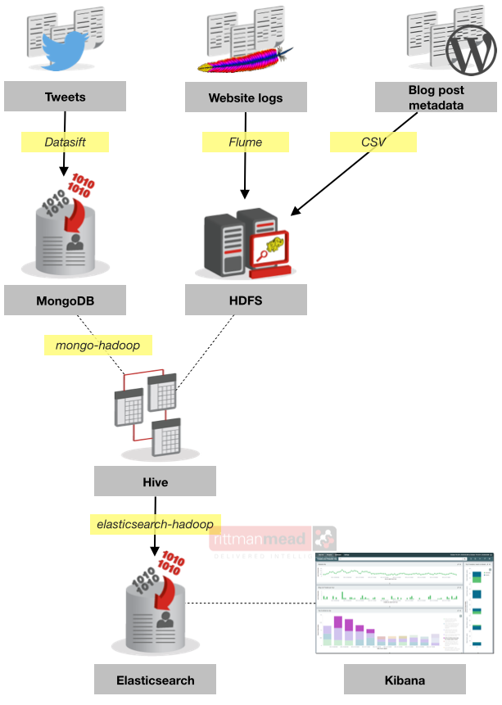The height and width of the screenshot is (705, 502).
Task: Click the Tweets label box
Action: [65, 97]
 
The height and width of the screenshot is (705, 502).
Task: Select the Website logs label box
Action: [246, 97]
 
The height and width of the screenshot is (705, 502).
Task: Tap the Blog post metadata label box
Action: [436, 97]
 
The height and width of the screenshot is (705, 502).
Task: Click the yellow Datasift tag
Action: [65, 142]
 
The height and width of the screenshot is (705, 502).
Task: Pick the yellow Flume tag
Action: [246, 142]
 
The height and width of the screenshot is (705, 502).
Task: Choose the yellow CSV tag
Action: [373, 142]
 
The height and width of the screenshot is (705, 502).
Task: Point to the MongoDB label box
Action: [65, 301]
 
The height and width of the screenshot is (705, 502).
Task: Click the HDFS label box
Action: [246, 301]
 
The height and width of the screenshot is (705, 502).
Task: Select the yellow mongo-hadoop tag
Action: [97, 346]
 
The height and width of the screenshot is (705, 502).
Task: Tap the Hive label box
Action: [155, 481]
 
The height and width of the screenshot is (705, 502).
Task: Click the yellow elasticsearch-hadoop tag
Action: [155, 524]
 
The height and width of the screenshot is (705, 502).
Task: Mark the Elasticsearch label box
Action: [156, 680]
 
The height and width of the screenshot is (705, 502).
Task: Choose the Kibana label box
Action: [405, 680]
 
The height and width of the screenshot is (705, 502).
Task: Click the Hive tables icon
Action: [154, 414]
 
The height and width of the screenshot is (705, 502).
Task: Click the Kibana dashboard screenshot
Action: [405, 607]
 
